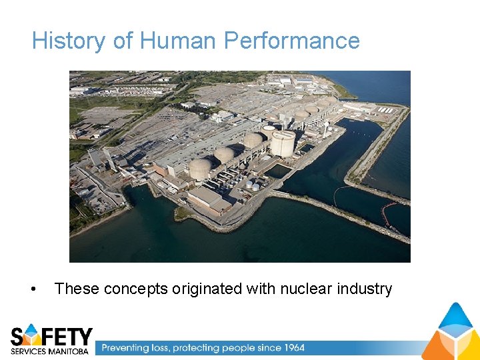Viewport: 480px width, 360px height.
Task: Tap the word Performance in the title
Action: pyautogui.click(x=292, y=41)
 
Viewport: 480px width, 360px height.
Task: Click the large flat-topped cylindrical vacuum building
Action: pyautogui.click(x=283, y=143)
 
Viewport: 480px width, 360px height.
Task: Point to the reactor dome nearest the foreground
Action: pyautogui.click(x=200, y=169)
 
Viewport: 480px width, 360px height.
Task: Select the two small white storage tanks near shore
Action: pyautogui.click(x=252, y=185)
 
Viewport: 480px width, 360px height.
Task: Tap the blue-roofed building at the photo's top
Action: pyautogui.click(x=304, y=80)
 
